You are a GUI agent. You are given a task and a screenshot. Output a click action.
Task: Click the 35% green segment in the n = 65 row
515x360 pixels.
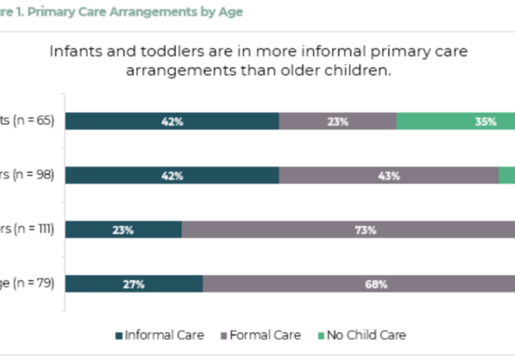tap(456, 121)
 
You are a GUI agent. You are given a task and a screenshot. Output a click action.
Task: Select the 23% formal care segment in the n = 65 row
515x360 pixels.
tap(337, 121)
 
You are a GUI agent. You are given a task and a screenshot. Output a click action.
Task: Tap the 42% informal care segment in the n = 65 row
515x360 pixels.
tap(172, 121)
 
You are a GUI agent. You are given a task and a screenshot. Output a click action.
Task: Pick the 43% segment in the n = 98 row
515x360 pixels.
tap(389, 175)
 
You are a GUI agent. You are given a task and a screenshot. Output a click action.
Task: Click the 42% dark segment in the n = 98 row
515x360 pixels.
tap(172, 175)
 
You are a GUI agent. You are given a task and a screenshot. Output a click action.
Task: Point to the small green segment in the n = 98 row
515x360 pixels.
tap(507, 175)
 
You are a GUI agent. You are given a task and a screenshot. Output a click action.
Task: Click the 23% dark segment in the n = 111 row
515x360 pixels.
tap(123, 229)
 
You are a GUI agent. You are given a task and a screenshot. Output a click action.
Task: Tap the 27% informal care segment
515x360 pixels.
tap(134, 283)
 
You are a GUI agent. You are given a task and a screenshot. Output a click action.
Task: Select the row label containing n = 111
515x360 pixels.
tap(26, 229)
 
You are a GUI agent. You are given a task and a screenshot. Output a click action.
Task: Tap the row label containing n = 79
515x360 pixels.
tap(26, 283)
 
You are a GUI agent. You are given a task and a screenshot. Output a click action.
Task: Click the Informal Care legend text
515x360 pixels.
tap(165, 336)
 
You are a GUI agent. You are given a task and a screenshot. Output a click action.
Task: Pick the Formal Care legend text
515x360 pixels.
tap(264, 336)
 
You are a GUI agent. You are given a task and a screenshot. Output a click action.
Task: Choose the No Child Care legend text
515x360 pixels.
tap(366, 336)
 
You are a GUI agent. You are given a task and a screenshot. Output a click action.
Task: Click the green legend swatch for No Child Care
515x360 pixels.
tap(321, 336)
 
